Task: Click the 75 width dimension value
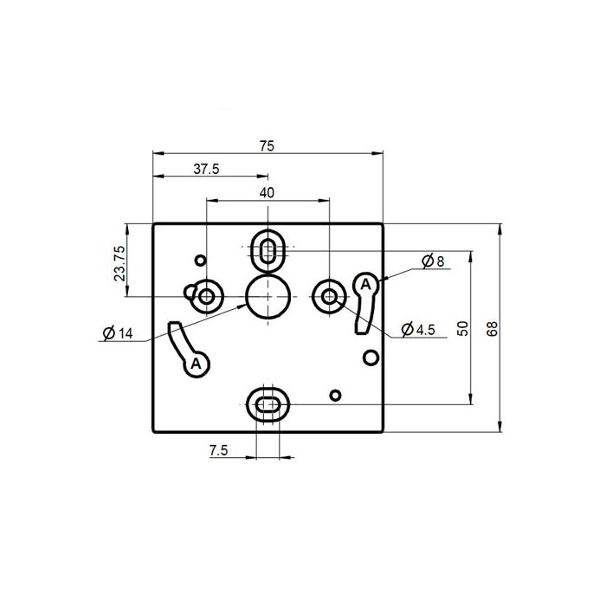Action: (x=267, y=145)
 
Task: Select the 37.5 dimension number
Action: (x=206, y=170)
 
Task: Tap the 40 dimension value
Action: (x=267, y=192)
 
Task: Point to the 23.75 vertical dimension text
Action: (x=119, y=261)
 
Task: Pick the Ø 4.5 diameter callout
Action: (x=419, y=330)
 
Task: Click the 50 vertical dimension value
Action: (x=462, y=328)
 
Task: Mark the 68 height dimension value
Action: (x=493, y=328)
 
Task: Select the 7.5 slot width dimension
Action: (x=219, y=450)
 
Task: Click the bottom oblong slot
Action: (x=268, y=403)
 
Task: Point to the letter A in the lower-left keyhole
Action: (x=197, y=364)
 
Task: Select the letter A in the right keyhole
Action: (x=365, y=284)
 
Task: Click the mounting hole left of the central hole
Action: (x=206, y=297)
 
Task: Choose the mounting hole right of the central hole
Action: (x=330, y=296)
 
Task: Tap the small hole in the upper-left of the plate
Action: (x=201, y=259)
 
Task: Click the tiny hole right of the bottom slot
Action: (x=336, y=396)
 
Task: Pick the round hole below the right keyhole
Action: (x=371, y=358)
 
